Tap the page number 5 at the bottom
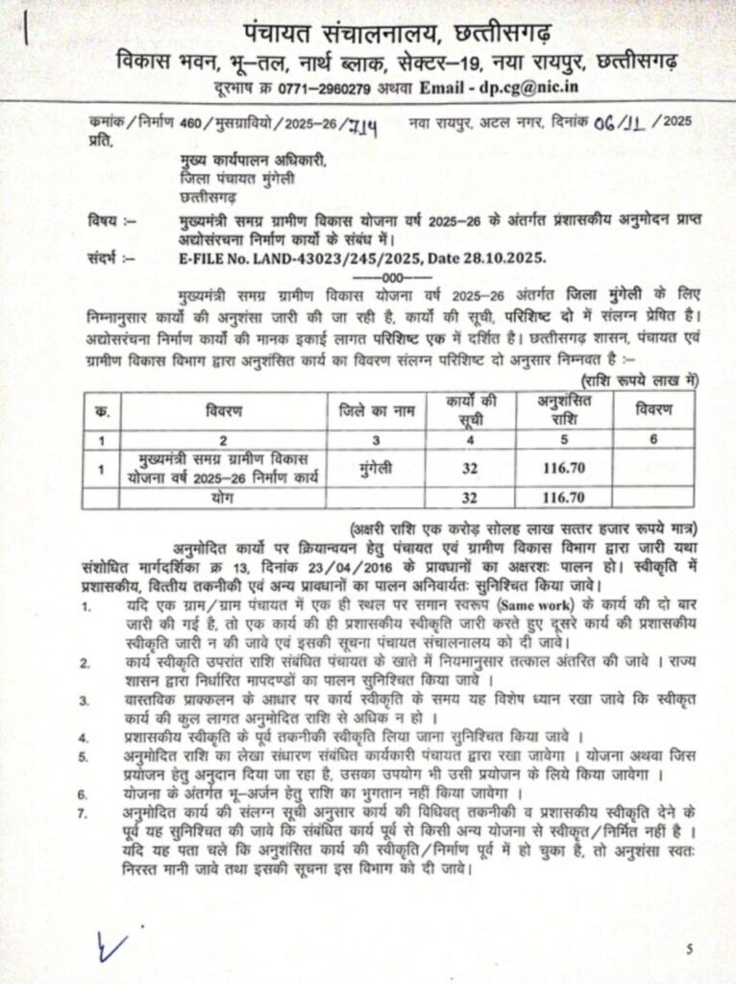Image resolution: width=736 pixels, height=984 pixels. [689, 950]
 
